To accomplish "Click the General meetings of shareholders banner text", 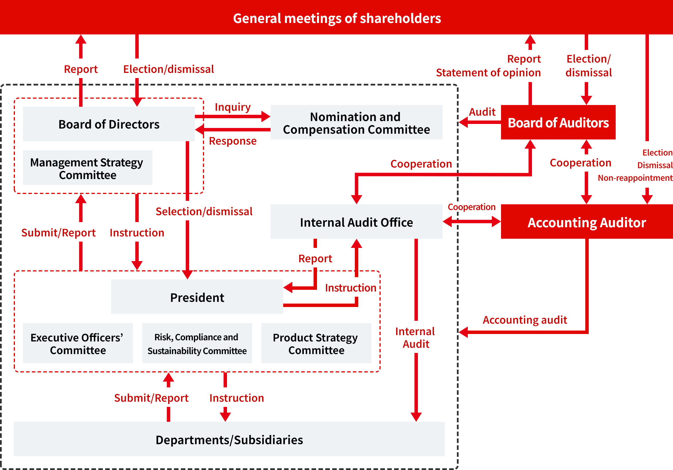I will pos(337,18).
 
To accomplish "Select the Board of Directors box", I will pos(109,124).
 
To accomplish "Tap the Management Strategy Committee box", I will pos(87,168).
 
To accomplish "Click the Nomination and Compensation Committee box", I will pos(356,123).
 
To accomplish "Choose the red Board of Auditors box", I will pos(558,123).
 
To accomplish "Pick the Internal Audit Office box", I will pos(356,222).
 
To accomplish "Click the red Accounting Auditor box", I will pos(586,222).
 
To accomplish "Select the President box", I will pos(197,297).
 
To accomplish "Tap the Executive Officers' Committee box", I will pos(78,343).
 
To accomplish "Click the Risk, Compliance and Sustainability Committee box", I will pos(197,343).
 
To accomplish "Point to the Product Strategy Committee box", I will pos(316,343).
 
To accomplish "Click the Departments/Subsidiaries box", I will pos(229,440).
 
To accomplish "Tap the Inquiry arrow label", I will pos(233,107).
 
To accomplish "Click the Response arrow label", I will pos(233,141).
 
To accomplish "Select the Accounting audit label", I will pos(525,320).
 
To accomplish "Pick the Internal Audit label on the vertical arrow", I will pos(416,337).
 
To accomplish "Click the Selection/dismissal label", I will pos(204,211).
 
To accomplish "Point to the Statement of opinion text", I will pos(488,73).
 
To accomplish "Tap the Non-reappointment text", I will pos(635,178).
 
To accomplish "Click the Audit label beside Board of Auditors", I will pos(482,112).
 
